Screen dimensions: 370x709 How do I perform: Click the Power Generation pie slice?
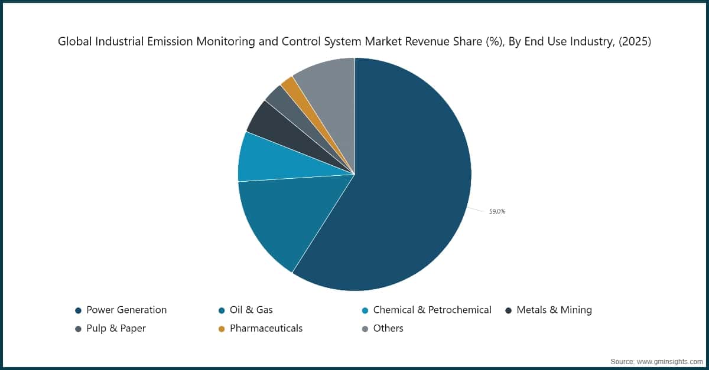(x=408, y=189)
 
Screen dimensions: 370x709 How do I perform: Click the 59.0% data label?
(x=497, y=211)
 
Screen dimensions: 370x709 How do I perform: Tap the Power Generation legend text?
(x=126, y=310)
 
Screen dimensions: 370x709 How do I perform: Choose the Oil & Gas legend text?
(x=251, y=310)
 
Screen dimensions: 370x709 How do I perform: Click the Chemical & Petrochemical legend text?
(x=432, y=310)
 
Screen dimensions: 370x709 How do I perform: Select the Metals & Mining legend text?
(x=554, y=310)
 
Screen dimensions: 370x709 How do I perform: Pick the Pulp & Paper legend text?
(x=116, y=328)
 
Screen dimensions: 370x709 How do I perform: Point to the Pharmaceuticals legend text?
(x=266, y=328)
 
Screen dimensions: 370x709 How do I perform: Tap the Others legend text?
(x=388, y=328)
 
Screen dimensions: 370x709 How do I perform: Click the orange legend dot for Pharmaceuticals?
(x=222, y=329)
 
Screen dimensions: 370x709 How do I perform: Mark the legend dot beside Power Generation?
(x=78, y=310)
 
